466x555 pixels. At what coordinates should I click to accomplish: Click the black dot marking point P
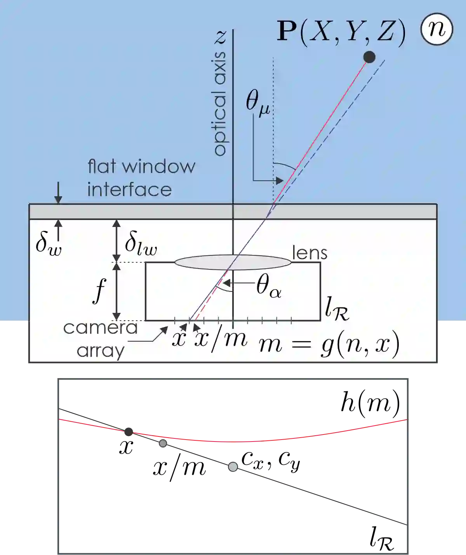click(369, 57)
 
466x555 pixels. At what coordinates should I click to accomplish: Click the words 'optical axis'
click(220, 104)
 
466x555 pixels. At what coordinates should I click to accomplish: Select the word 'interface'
click(129, 190)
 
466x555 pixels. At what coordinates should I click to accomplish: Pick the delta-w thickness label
click(48, 243)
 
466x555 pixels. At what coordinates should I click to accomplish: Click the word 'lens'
click(310, 253)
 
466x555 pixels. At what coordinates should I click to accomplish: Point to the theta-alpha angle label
click(269, 286)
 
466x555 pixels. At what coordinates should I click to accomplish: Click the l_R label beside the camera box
click(336, 309)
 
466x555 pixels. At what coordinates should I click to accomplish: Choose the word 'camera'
click(100, 328)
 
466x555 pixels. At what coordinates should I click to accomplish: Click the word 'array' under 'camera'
click(100, 351)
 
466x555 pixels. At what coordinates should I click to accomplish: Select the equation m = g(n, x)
click(329, 344)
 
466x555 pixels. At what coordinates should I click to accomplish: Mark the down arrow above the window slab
click(58, 193)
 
